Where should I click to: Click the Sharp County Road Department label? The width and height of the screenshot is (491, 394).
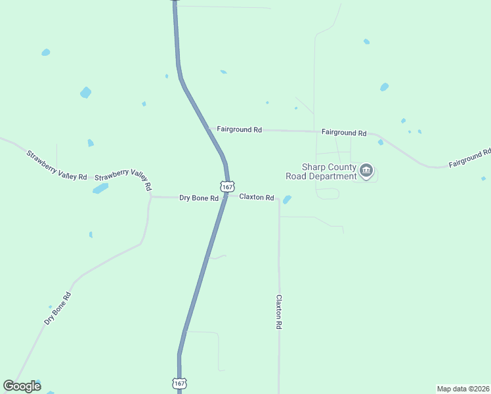coord(320,171)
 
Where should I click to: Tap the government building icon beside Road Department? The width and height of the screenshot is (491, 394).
coord(366,172)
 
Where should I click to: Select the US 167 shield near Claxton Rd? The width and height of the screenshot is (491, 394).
coord(226,186)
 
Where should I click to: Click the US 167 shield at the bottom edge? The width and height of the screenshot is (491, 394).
coord(179,382)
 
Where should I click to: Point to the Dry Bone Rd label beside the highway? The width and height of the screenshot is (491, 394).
coord(198,198)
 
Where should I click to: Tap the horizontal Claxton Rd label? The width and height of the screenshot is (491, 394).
coord(256,197)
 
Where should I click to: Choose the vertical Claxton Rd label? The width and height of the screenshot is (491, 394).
coord(279,311)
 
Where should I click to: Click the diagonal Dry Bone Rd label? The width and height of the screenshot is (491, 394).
coord(58,307)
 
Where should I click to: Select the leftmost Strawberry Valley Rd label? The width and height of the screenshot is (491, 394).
coord(56,165)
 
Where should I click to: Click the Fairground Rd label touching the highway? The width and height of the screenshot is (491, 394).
coord(239,130)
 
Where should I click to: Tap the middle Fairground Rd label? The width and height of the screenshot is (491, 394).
coord(344,133)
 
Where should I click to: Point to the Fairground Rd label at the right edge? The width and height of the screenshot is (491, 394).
coord(469,158)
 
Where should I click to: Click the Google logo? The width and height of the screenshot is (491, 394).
coord(22,386)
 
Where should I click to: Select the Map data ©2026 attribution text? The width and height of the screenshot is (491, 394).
coord(463,389)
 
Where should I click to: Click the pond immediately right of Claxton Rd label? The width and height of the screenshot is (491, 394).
coord(287,200)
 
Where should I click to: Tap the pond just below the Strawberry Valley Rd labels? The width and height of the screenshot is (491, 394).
coord(100,188)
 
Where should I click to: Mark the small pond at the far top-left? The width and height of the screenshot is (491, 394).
coord(45,52)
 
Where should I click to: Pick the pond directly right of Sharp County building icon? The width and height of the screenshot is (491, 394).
coord(381,142)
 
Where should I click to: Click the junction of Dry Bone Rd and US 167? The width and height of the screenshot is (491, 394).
coord(224,196)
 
